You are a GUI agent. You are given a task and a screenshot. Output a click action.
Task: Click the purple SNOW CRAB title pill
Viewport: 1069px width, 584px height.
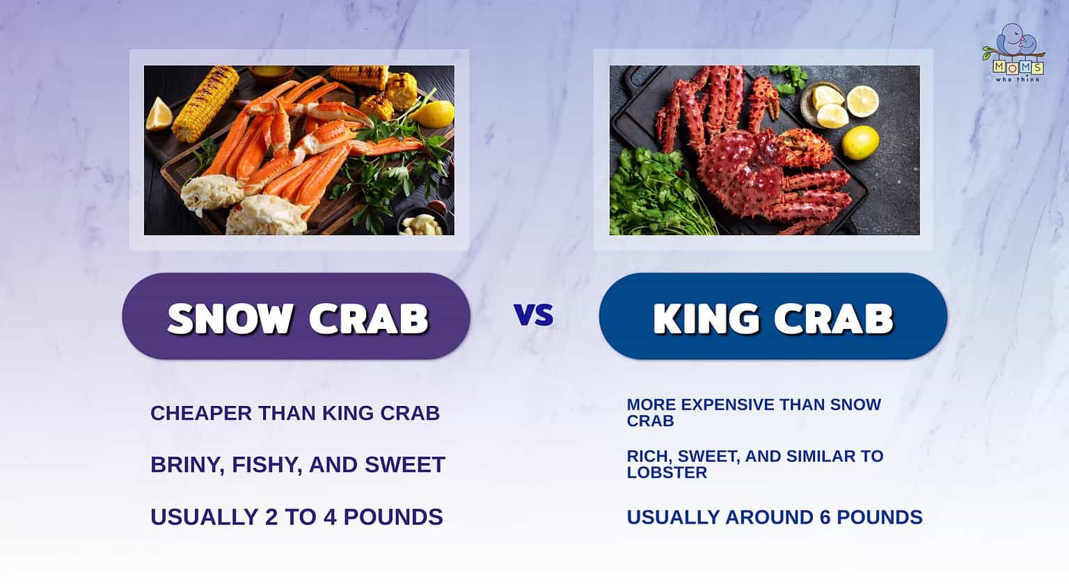click(x=296, y=317)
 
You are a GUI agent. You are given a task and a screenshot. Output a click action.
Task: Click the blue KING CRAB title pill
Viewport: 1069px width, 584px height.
click(x=773, y=317)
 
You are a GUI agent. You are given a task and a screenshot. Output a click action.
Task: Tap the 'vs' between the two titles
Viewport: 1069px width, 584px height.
click(x=534, y=315)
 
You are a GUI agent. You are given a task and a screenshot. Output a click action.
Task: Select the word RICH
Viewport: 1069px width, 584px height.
click(x=647, y=456)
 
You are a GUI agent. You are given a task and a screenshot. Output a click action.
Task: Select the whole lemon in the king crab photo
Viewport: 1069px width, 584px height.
click(x=860, y=143)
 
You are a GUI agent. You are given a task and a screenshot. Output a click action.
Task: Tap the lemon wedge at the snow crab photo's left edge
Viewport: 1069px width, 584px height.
click(x=158, y=115)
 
